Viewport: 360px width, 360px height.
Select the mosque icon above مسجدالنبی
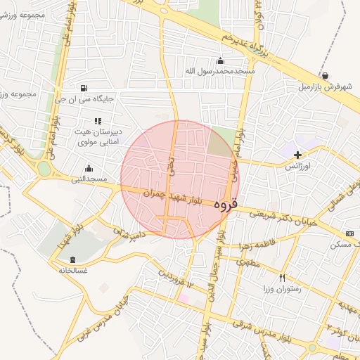(x=89, y=168)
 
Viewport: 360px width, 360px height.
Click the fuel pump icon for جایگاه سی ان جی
(x=84, y=88)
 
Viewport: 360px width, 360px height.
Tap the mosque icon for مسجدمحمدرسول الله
(x=220, y=60)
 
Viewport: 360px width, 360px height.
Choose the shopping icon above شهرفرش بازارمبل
(x=324, y=75)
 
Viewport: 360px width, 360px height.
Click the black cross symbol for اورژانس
(x=297, y=155)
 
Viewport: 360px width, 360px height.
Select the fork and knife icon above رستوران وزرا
(x=283, y=278)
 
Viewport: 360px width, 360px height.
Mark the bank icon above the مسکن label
(x=349, y=233)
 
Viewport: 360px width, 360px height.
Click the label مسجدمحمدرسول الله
(x=220, y=71)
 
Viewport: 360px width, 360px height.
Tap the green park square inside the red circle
(x=221, y=143)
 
